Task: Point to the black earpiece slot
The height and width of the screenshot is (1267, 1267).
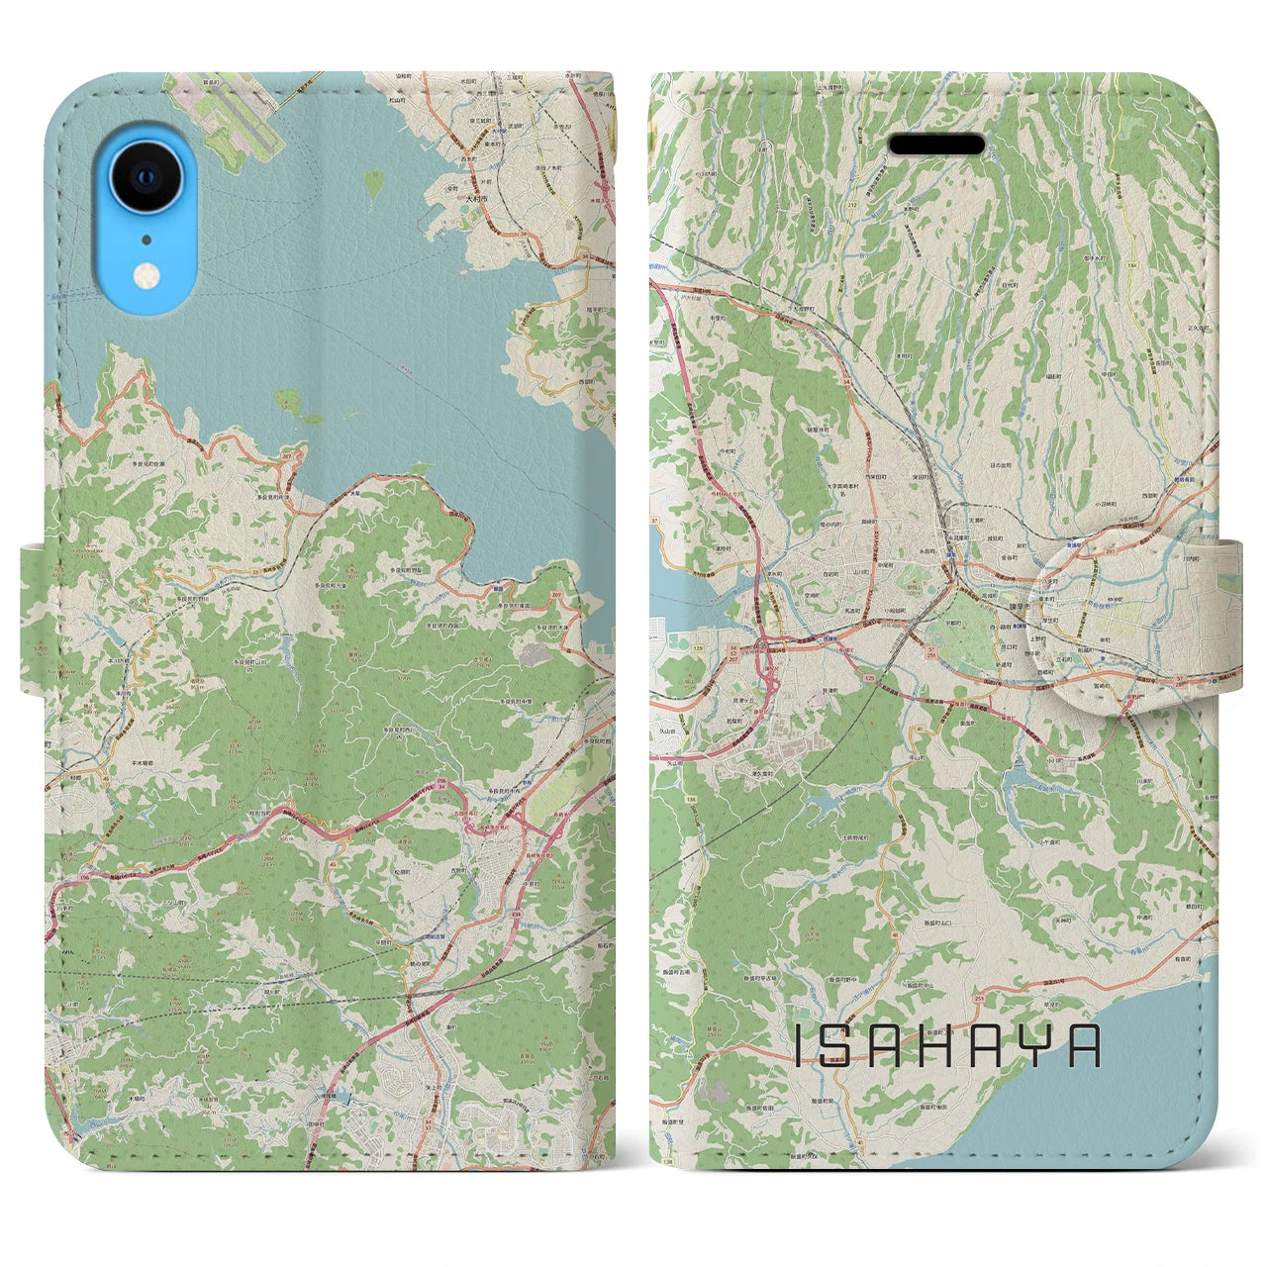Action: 936,146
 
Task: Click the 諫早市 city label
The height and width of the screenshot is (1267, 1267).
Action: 971,584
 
